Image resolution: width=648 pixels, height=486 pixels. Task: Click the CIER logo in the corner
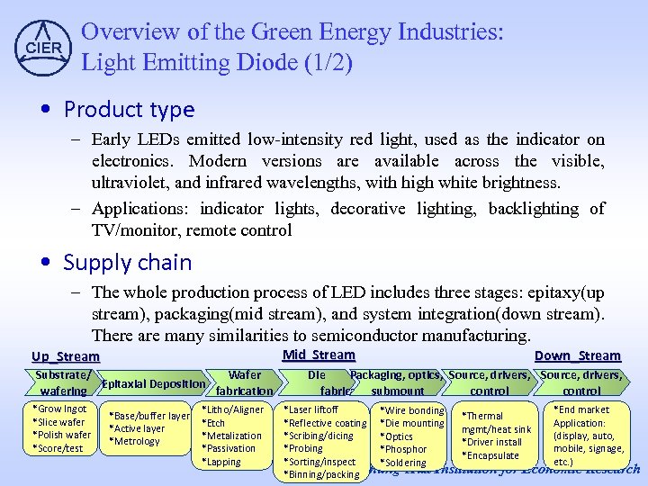(41, 46)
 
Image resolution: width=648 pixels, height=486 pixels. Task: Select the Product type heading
(129, 110)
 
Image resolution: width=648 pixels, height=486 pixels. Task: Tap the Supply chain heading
(127, 263)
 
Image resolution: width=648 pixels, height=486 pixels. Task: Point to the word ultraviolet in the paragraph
(130, 183)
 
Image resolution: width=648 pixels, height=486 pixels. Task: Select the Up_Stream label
(65, 356)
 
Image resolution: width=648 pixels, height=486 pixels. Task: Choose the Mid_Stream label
(319, 355)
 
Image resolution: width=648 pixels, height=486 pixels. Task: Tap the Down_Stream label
(577, 356)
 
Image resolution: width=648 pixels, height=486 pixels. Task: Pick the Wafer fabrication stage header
(244, 382)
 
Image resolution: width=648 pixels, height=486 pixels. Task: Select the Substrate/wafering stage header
(63, 382)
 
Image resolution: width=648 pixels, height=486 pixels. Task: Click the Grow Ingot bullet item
(60, 409)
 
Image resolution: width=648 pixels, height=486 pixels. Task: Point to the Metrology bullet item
(135, 441)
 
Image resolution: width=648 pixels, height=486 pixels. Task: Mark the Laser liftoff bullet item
(312, 409)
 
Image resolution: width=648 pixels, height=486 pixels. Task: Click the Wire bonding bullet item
(413, 410)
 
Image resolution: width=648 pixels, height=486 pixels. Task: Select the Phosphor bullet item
(405, 449)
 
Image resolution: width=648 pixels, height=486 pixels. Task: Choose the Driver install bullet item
(493, 442)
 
